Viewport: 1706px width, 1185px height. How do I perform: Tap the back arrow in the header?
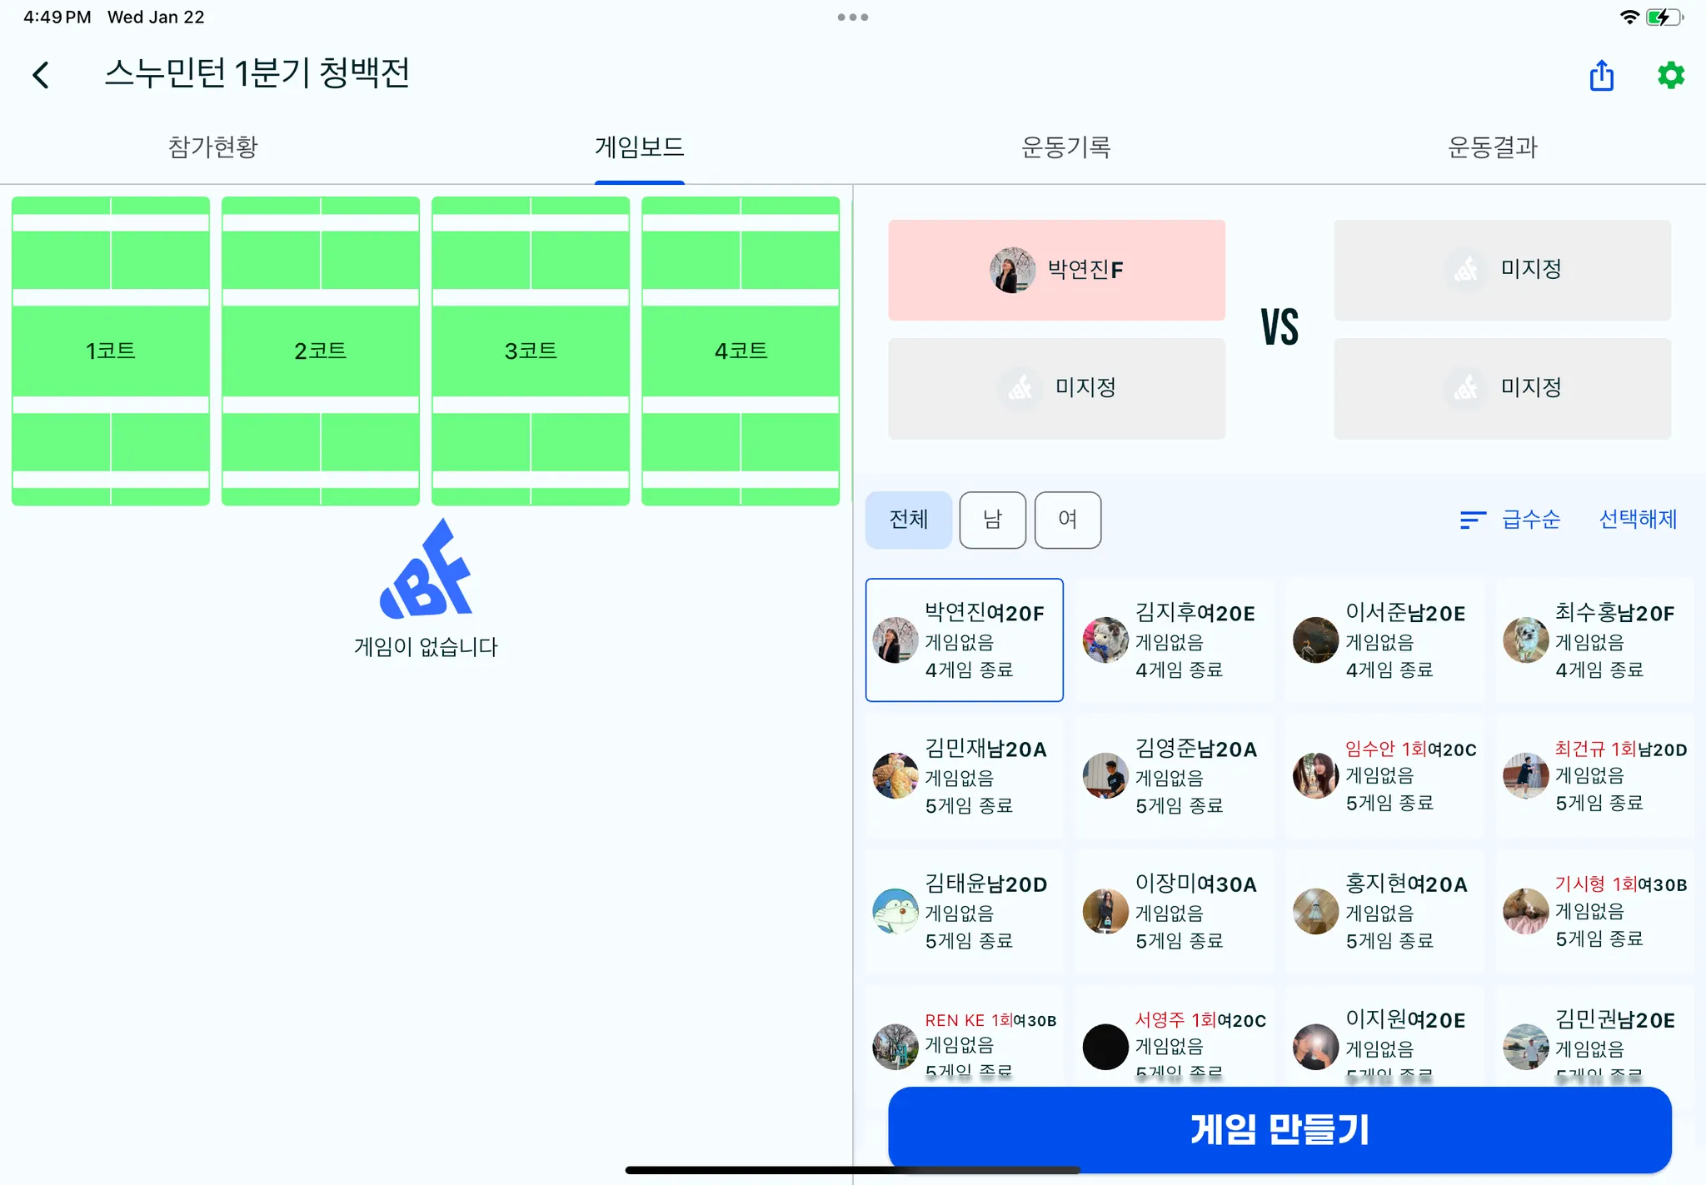point(41,75)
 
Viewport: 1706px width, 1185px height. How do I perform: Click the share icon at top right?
point(1601,76)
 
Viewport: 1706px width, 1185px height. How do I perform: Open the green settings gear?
point(1670,76)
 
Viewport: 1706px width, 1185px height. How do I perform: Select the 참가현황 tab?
point(213,147)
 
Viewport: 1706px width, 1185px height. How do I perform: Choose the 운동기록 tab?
point(1065,147)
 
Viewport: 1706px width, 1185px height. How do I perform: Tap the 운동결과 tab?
point(1492,147)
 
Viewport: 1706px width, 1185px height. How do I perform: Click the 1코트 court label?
point(111,351)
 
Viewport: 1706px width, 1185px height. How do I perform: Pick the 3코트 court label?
point(531,351)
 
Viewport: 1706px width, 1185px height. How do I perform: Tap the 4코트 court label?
point(741,351)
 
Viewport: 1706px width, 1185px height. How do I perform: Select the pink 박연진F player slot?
point(1056,270)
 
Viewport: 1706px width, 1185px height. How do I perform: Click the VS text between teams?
point(1279,327)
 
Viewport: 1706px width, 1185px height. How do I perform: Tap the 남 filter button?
point(992,520)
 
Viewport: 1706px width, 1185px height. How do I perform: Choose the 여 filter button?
point(1067,520)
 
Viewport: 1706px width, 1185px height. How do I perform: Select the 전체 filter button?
point(908,520)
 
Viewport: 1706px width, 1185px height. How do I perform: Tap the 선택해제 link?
point(1638,520)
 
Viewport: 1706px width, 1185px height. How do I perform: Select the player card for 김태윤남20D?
point(965,911)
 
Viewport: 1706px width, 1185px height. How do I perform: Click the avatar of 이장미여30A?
point(1105,911)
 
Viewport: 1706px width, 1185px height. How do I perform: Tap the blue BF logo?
point(426,570)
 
